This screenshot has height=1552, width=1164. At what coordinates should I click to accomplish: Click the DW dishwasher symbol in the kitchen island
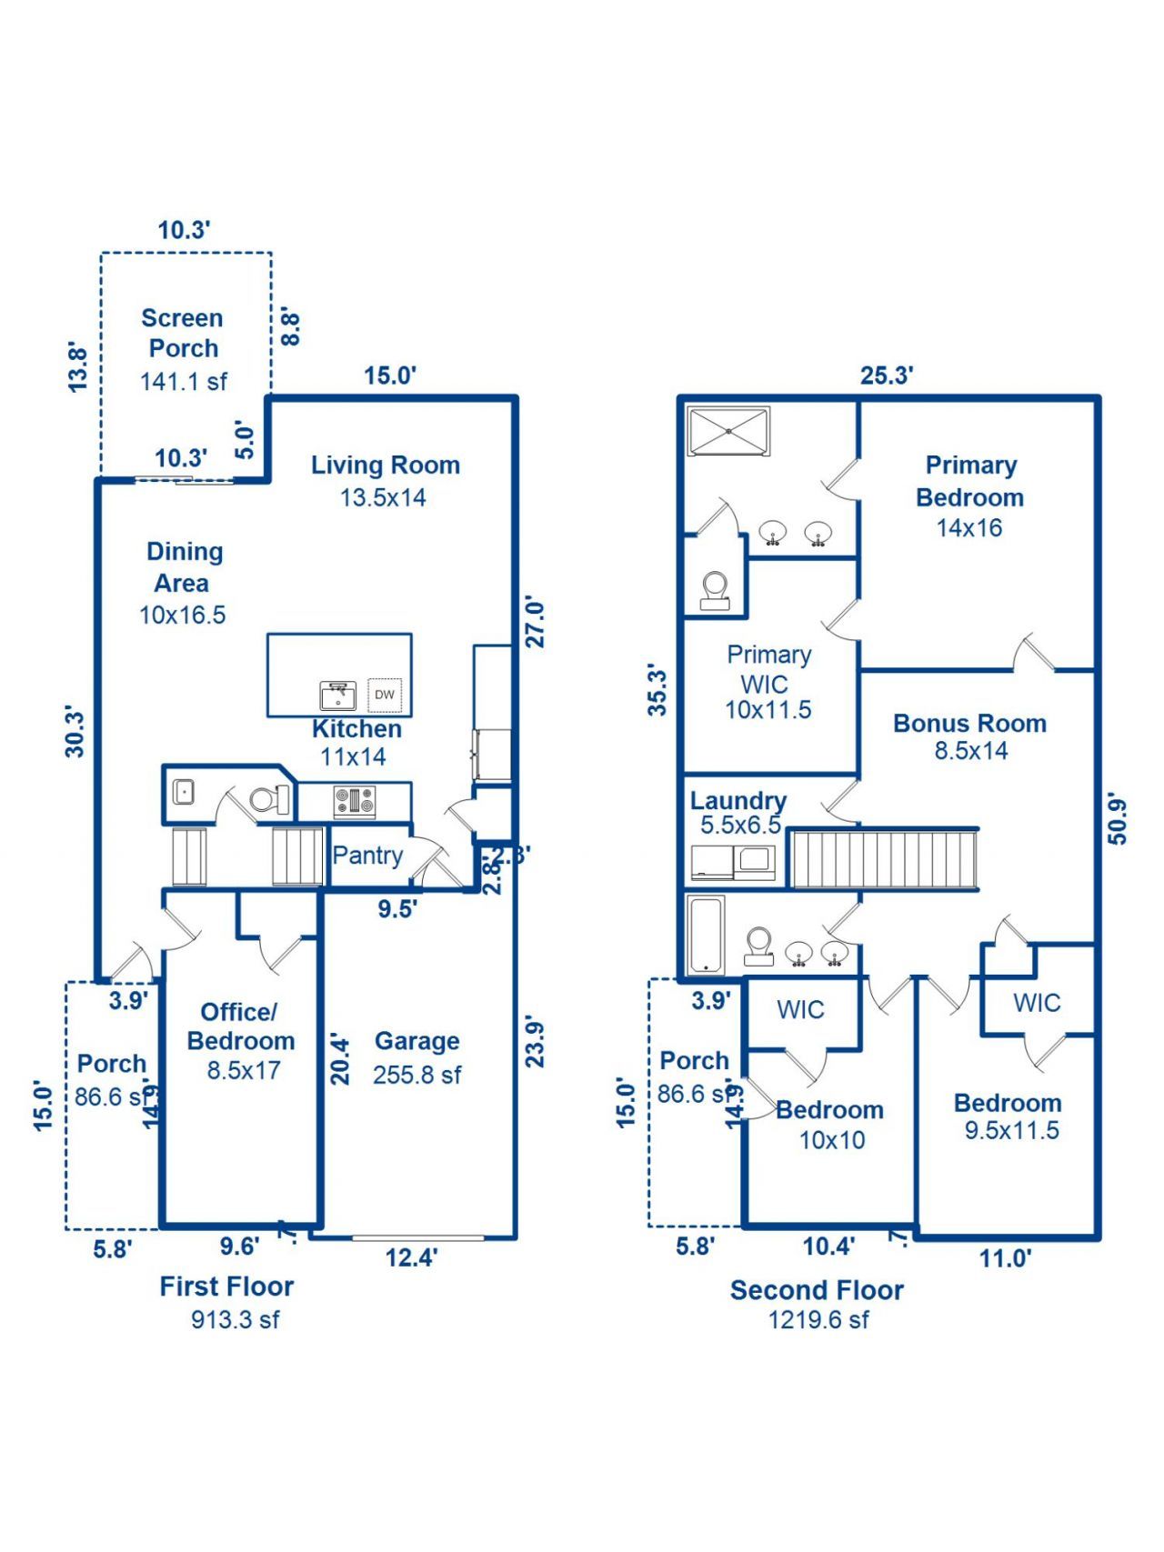pos(385,695)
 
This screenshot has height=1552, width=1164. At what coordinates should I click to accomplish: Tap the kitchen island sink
pos(337,696)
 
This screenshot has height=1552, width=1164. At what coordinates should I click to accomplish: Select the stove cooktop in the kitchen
pos(355,802)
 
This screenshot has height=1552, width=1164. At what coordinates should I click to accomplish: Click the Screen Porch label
pos(183,333)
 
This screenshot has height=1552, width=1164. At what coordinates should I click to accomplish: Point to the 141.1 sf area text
pos(183,382)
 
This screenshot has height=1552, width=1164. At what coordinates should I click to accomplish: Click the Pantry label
pos(367,856)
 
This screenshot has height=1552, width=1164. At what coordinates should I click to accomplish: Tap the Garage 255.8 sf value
pos(416,1075)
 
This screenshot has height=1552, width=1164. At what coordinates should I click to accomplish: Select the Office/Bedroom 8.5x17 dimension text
pos(243,1070)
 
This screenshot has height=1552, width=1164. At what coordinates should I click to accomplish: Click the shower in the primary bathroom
pos(728,432)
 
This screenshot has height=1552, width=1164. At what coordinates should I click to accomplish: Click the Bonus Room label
pos(969,724)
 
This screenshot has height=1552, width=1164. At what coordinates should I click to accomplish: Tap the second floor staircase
pos(882,858)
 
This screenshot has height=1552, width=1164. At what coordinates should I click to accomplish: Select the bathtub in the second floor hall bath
pos(706,935)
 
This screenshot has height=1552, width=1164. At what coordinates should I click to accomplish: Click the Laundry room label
pos(738,801)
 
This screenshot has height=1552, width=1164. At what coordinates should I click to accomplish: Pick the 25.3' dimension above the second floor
pos(887,375)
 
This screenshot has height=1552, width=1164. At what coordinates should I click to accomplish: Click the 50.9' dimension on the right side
pos(1118,820)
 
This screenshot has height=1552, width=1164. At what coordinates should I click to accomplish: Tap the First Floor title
pos(226,1287)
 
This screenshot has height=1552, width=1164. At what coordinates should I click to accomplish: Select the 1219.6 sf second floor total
pos(818,1320)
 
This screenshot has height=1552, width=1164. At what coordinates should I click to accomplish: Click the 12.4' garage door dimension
pos(411,1258)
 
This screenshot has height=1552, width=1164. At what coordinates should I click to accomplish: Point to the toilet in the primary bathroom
pos(715,590)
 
